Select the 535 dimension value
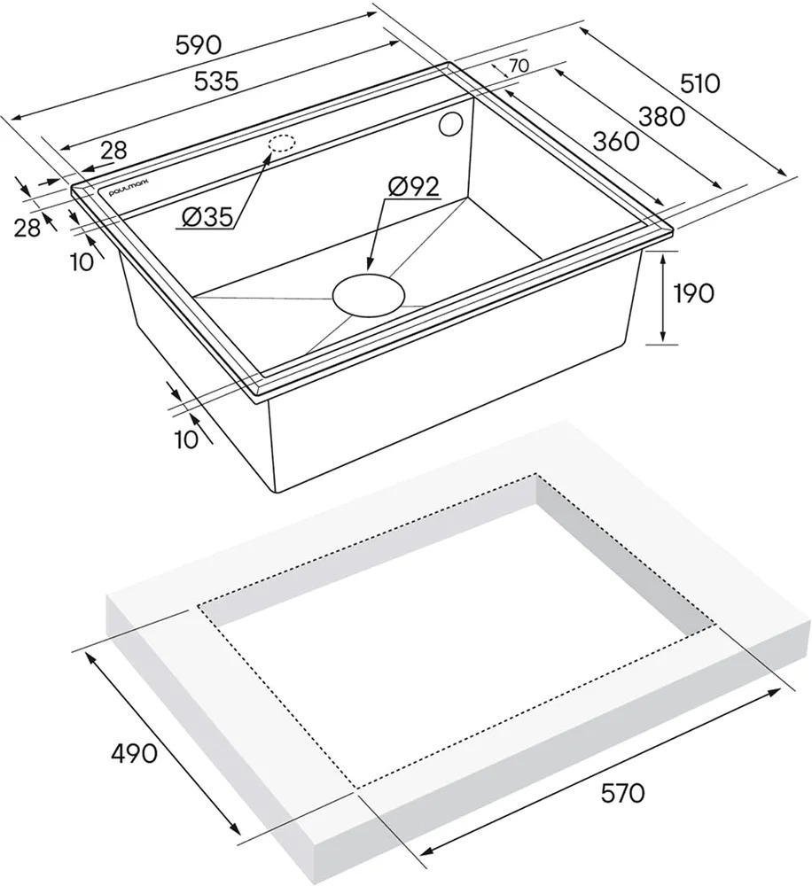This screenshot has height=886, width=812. click(215, 82)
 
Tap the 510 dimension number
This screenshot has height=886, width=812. click(700, 83)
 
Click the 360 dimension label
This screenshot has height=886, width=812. click(616, 141)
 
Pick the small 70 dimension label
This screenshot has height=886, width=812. click(519, 66)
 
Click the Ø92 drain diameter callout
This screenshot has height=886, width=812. click(413, 186)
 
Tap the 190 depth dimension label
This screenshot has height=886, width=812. click(694, 293)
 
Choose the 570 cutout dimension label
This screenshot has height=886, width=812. click(622, 793)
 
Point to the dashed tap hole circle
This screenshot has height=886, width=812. click(282, 143)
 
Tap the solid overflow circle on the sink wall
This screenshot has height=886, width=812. click(452, 125)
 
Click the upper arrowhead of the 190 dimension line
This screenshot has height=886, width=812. click(663, 258)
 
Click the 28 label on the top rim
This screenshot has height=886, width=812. click(114, 151)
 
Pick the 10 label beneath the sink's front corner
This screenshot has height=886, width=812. click(187, 439)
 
